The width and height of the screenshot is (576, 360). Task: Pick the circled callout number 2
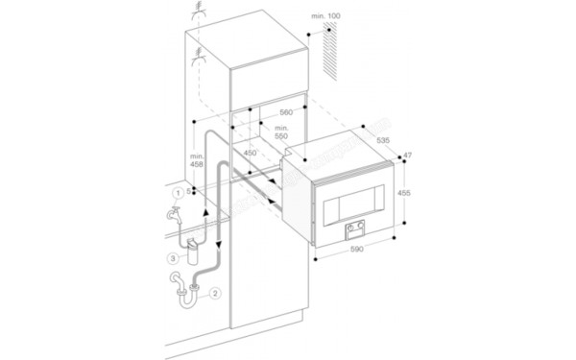(x=216, y=293)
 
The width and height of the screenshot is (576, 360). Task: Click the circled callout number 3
(x=171, y=258)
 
